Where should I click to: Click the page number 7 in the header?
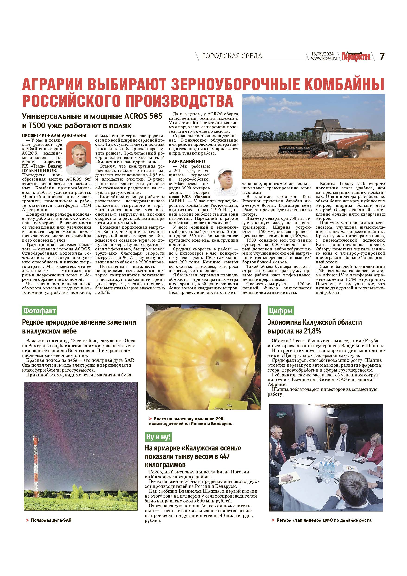382,56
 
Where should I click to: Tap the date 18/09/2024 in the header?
322,54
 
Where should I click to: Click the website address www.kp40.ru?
323,58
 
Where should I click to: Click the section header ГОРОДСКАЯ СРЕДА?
232,56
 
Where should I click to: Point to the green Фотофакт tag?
39,311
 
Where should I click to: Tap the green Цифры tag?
280,311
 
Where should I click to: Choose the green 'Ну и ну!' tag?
158,437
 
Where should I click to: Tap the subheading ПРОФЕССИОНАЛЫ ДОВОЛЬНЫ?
54,136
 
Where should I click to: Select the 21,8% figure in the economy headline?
312,331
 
